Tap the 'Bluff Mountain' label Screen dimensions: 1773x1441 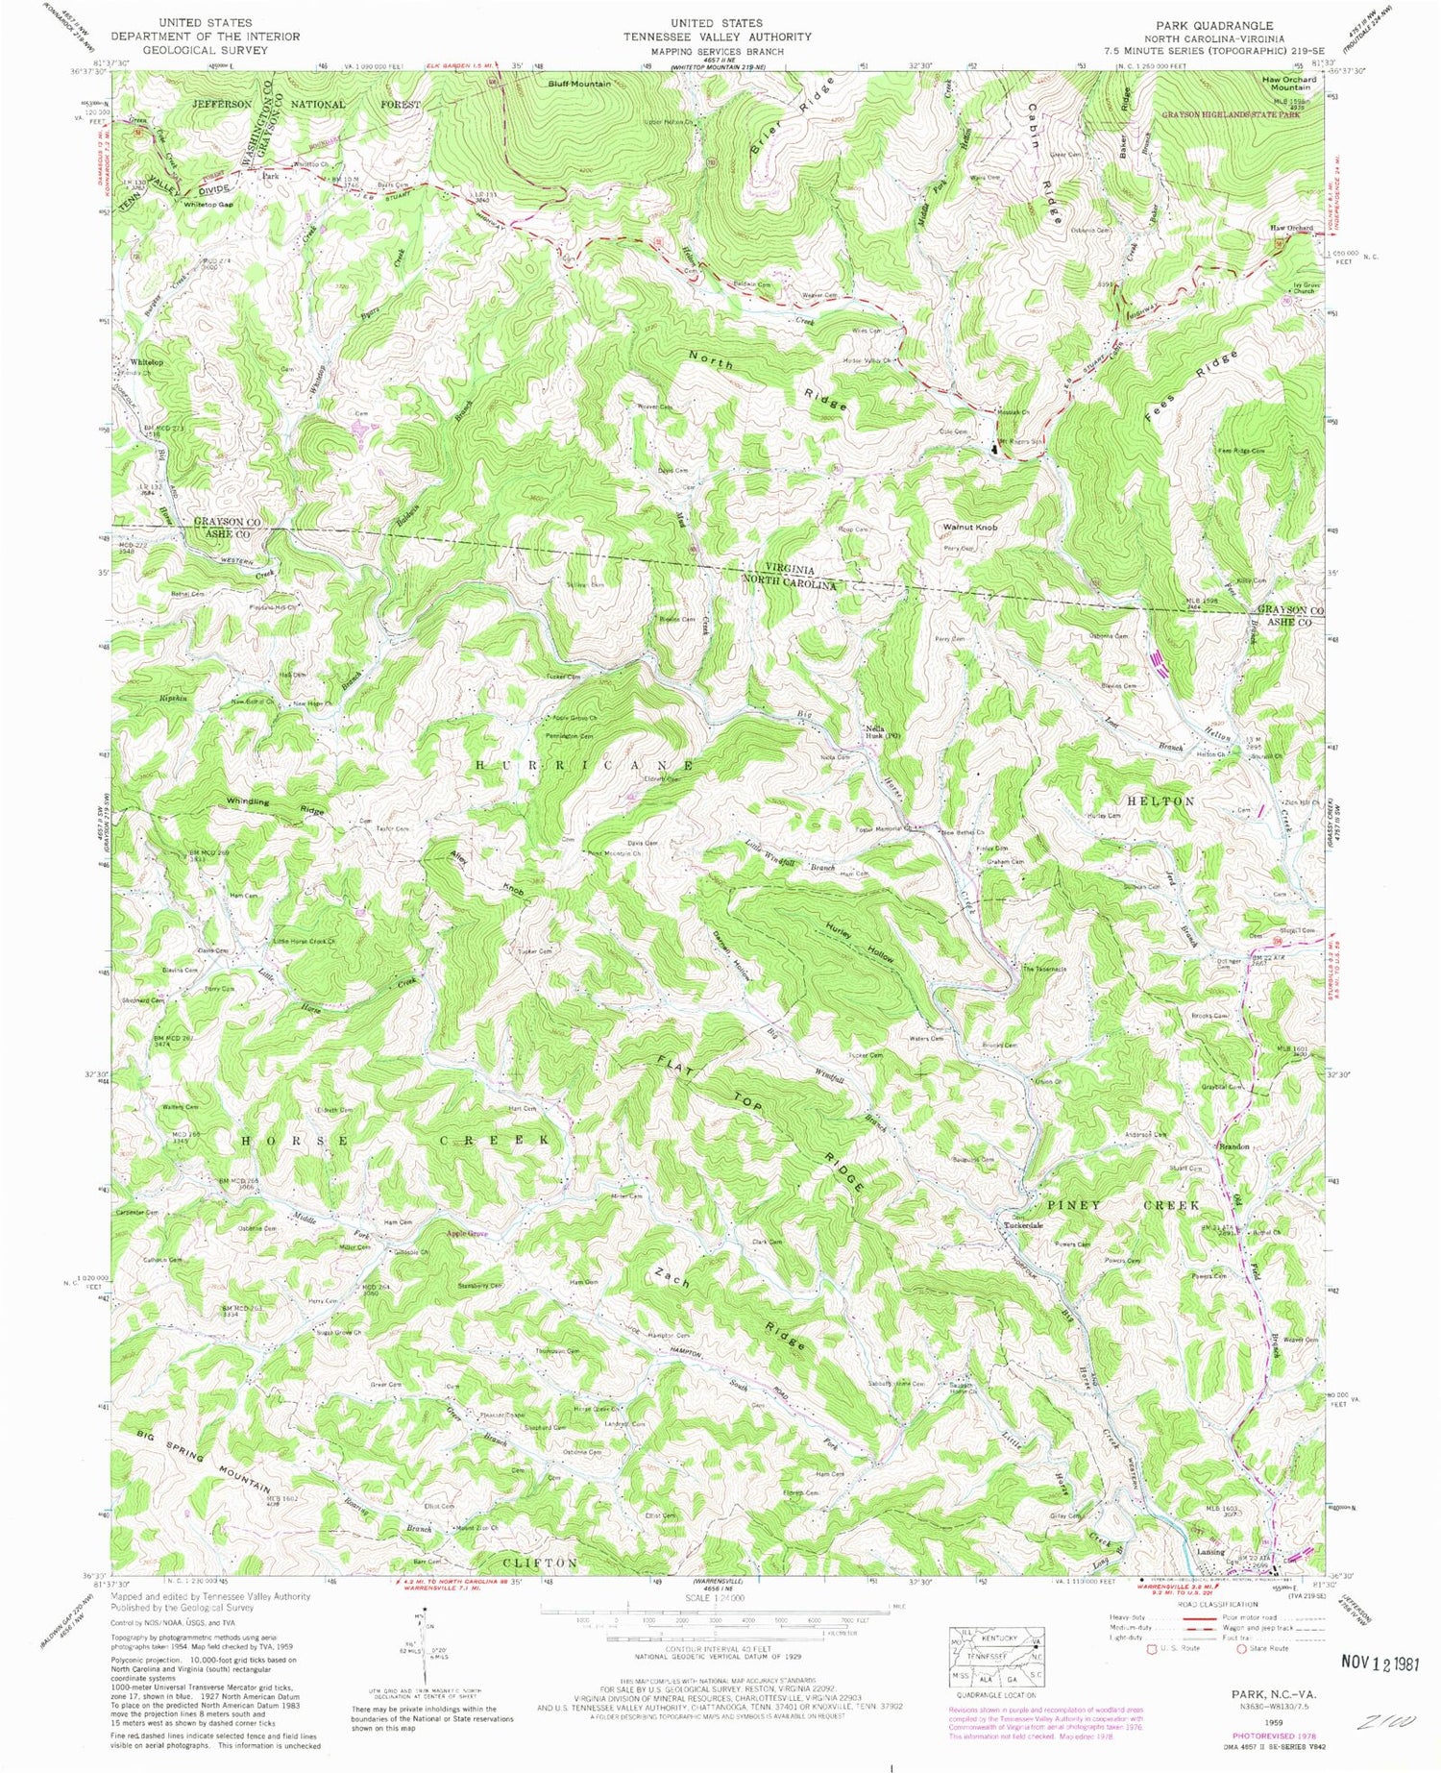point(579,85)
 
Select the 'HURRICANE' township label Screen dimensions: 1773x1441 point(585,765)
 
